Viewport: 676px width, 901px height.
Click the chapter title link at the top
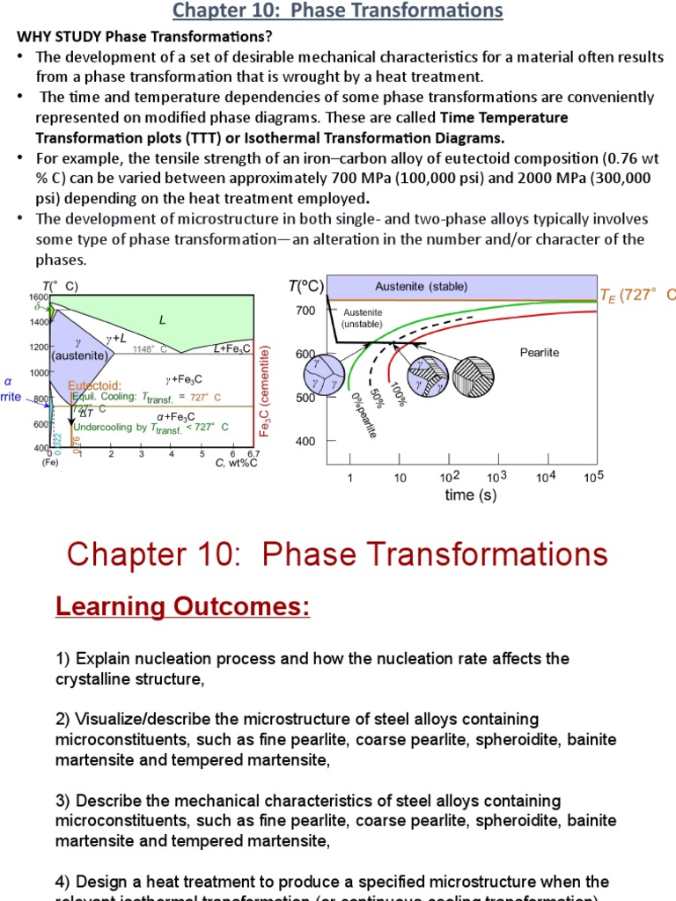pyautogui.click(x=338, y=11)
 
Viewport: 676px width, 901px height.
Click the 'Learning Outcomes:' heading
pyautogui.click(x=183, y=607)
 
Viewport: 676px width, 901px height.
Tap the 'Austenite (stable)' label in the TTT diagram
pyautogui.click(x=422, y=287)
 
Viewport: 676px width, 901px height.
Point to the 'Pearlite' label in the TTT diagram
pyautogui.click(x=540, y=352)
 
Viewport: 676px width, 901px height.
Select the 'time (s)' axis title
pyautogui.click(x=470, y=495)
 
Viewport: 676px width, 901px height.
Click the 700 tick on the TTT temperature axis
pyautogui.click(x=305, y=311)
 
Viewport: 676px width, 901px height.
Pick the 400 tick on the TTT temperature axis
pyautogui.click(x=305, y=441)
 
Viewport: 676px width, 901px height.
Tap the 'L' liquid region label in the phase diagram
pyautogui.click(x=162, y=320)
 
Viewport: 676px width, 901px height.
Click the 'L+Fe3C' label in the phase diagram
pyautogui.click(x=232, y=348)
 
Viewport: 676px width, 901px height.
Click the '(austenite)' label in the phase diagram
pyautogui.click(x=79, y=356)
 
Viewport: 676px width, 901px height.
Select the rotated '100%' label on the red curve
pyautogui.click(x=397, y=392)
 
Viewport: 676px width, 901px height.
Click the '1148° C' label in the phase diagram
pyautogui.click(x=150, y=349)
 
